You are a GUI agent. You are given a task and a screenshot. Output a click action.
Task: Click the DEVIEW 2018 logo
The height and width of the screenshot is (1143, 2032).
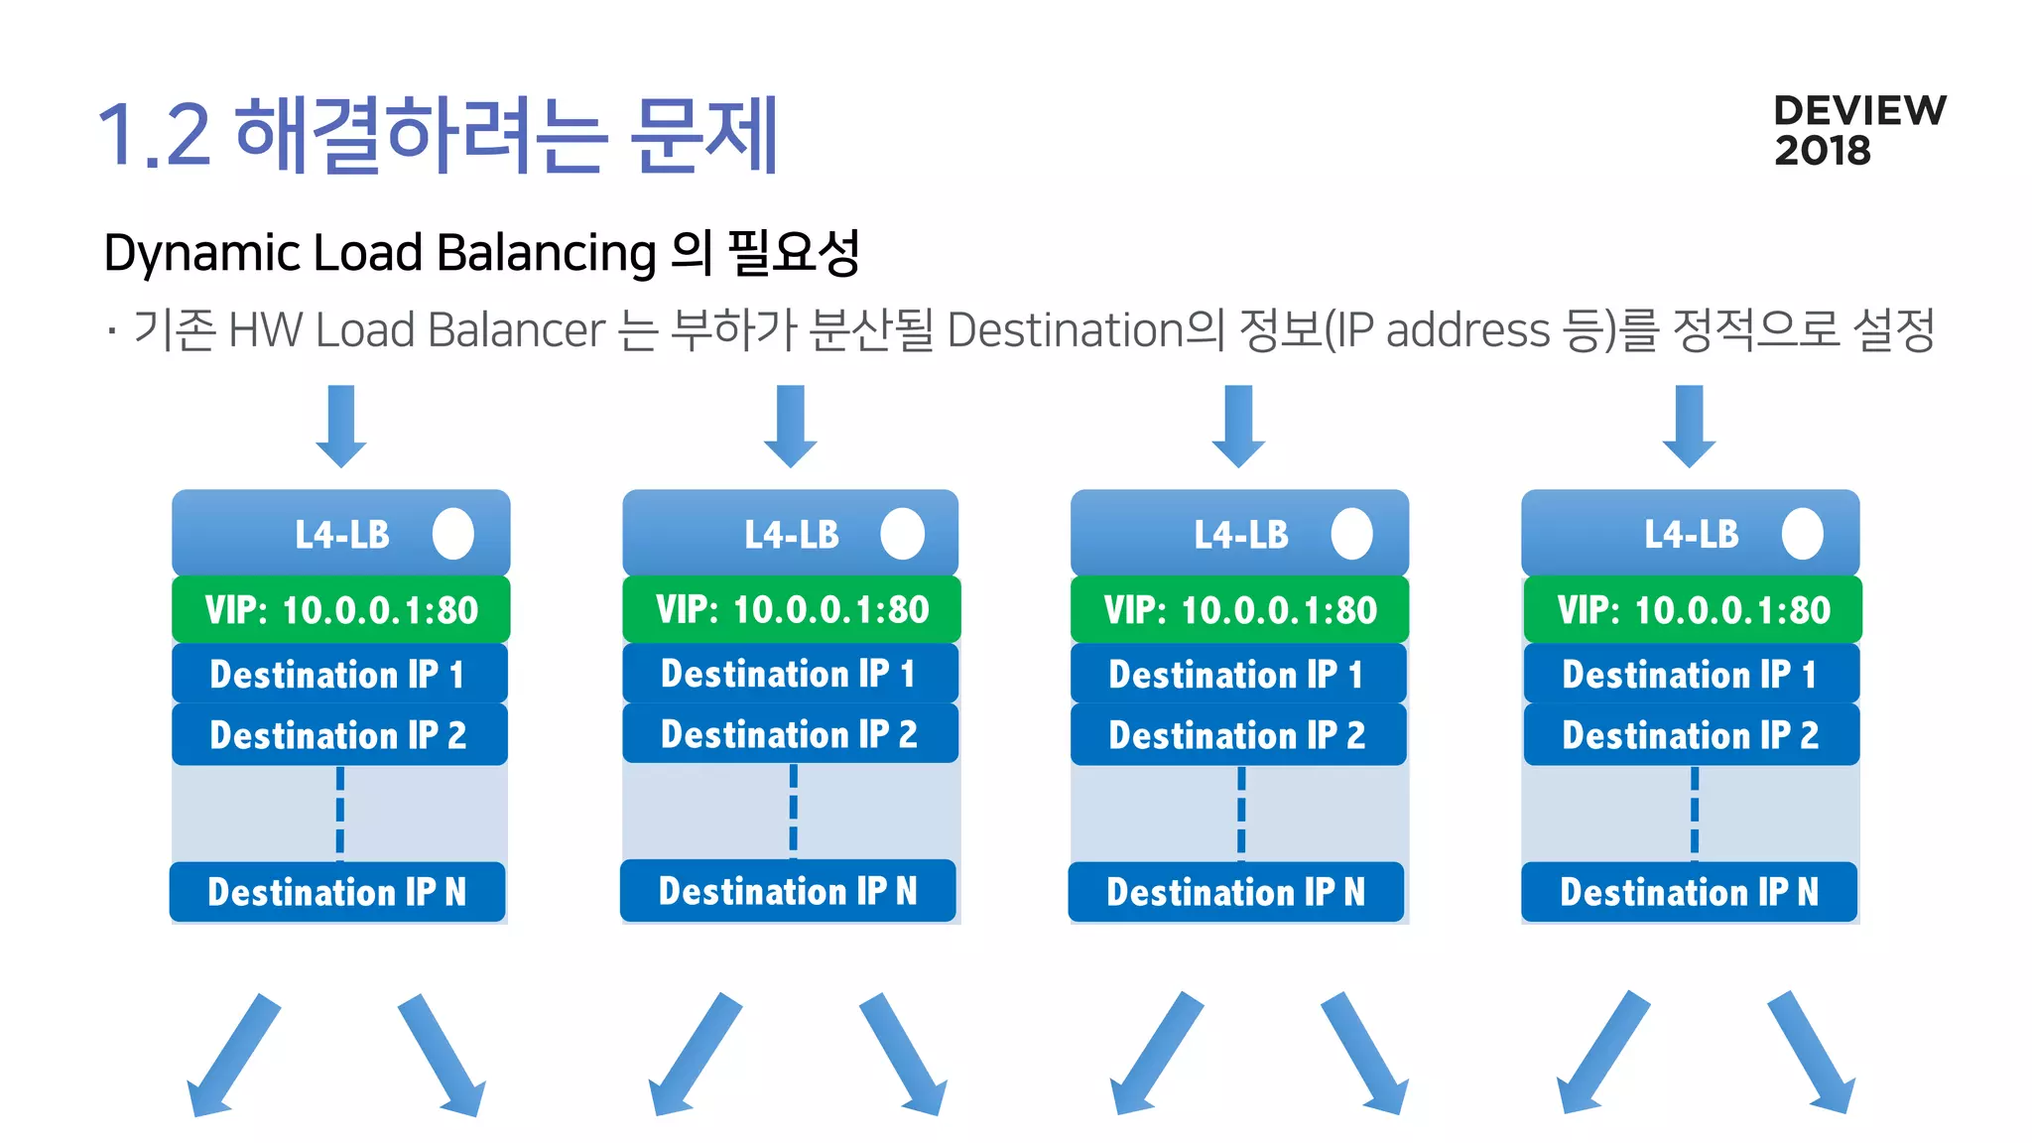[1858, 130]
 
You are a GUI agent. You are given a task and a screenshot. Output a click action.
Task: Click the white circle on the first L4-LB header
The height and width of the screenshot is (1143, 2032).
[453, 534]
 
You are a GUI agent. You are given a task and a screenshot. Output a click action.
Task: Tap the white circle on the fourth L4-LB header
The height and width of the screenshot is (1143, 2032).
[1802, 534]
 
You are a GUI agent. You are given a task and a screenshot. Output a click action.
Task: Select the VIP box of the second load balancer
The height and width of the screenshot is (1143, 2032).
[791, 609]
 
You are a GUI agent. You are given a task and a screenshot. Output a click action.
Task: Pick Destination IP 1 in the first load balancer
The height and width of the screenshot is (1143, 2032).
[338, 675]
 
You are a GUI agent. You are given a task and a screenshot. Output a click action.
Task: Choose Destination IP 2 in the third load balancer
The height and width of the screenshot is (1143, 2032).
[1238, 735]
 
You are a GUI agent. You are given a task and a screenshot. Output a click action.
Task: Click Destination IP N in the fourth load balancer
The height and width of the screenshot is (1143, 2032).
[1689, 892]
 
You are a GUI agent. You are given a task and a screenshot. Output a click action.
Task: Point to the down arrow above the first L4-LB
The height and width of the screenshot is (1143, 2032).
[341, 426]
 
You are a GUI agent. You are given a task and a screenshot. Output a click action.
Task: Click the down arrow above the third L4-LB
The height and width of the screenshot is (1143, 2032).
[1239, 426]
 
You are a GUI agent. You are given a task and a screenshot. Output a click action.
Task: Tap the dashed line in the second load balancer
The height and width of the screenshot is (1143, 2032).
[793, 811]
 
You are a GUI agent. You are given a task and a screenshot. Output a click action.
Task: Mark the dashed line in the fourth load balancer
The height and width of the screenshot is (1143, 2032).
[1694, 811]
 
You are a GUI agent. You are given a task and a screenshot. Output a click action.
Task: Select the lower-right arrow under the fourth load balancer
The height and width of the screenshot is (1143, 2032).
[1812, 1054]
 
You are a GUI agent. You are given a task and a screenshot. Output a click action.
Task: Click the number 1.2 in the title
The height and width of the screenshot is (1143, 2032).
[154, 135]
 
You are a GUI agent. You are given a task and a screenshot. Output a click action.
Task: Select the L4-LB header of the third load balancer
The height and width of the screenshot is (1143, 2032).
[1239, 534]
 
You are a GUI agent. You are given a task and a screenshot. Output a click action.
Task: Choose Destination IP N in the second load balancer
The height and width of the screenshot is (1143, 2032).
[789, 891]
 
